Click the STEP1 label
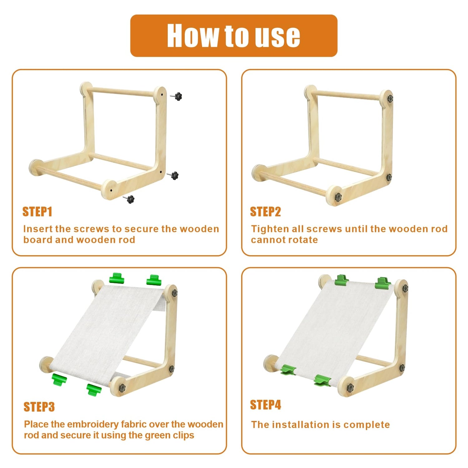click(37, 212)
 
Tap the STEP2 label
click(266, 212)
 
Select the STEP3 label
click(39, 407)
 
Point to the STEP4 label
click(266, 405)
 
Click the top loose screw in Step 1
click(177, 96)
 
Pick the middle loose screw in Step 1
click(173, 175)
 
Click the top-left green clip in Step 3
click(117, 278)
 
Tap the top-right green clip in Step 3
click(154, 280)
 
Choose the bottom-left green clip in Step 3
click(59, 379)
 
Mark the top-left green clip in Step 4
click(342, 280)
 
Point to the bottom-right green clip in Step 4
click(322, 380)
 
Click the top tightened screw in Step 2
click(390, 99)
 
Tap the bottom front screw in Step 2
click(338, 197)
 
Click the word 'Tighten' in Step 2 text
click(270, 229)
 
